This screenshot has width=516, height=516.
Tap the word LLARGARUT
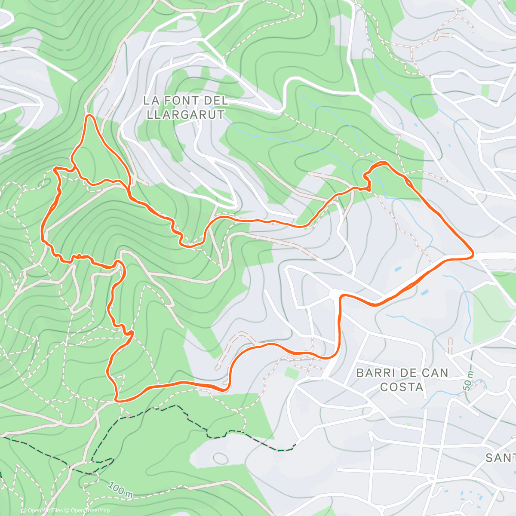click(186, 115)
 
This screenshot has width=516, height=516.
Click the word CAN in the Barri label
click(434, 373)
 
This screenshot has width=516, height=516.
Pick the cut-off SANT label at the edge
click(501, 458)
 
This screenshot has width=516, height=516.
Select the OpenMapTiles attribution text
click(42, 510)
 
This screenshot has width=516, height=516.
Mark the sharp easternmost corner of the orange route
click(473, 255)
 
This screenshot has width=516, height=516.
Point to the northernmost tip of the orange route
click(89, 115)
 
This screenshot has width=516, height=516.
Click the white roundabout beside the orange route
click(335, 293)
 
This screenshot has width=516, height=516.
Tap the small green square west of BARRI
click(291, 373)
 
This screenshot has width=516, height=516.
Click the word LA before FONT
click(150, 101)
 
